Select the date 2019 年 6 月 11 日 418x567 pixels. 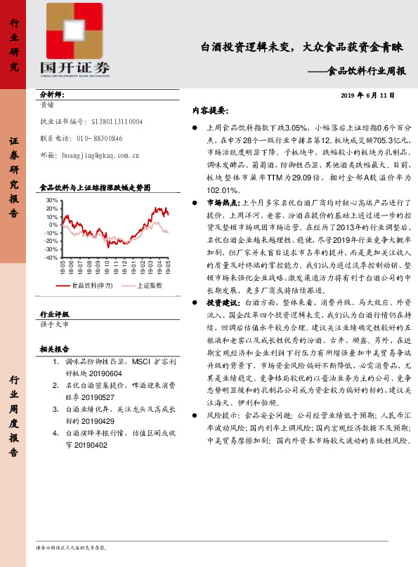coord(367,95)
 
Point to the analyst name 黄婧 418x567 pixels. coord(48,104)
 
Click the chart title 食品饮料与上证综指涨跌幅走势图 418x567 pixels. coord(95,188)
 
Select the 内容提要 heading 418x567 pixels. coord(209,111)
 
